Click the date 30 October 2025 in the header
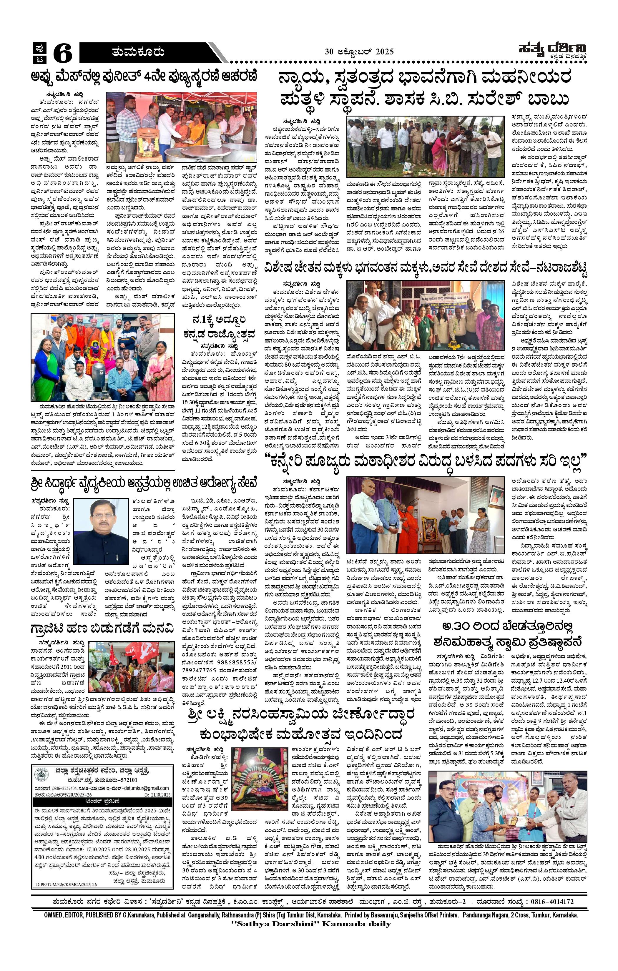[x=359, y=51]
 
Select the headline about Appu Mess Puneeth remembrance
[x=144, y=77]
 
